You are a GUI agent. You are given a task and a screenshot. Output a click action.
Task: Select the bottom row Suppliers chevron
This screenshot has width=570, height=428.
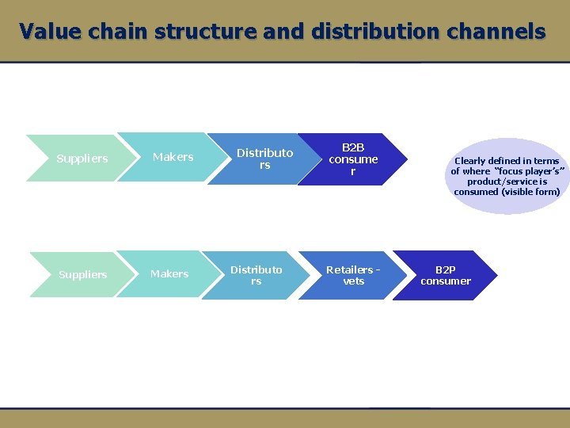coord(82,274)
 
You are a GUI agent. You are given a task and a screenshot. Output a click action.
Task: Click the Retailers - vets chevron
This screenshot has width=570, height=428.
coord(353,275)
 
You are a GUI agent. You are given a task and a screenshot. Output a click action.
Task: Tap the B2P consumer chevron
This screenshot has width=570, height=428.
coord(446,275)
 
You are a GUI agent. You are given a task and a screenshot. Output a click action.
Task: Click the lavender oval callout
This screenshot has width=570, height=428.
coord(507,176)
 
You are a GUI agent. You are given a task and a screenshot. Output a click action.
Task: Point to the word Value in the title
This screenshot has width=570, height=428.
coord(52,32)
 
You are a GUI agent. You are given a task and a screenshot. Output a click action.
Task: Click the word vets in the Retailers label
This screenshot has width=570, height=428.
coord(353,281)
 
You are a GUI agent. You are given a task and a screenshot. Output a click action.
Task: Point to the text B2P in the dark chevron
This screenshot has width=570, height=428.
coord(446,269)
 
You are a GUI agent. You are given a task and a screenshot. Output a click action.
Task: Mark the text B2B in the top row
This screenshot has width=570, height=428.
coord(353,147)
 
